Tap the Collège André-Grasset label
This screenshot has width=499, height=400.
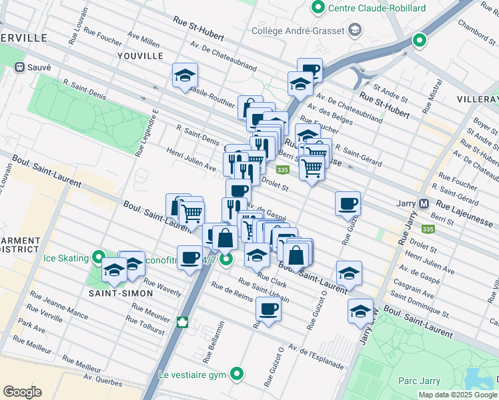click(298, 30)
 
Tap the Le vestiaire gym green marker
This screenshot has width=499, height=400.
click(235, 374)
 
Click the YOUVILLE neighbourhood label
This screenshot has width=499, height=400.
click(140, 56)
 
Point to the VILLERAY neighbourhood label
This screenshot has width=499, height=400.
click(478, 99)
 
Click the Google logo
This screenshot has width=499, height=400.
click(22, 392)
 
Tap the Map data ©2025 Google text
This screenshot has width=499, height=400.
click(458, 395)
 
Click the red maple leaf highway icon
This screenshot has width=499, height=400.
click(182, 323)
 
